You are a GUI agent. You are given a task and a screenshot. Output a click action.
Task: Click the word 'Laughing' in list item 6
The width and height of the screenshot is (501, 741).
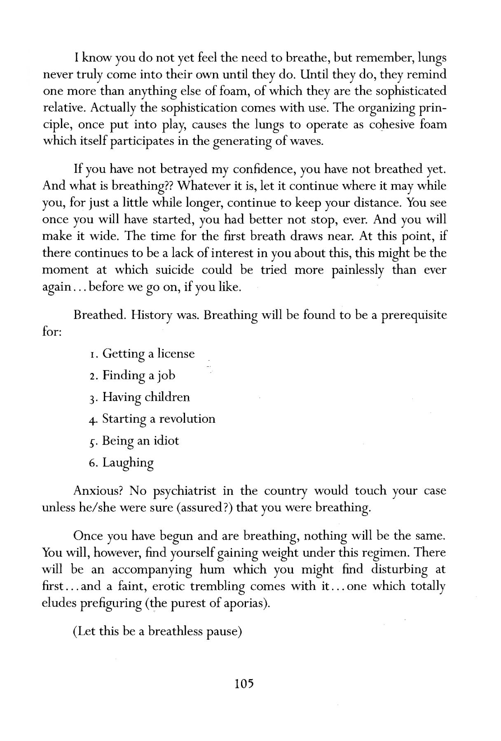click(128, 463)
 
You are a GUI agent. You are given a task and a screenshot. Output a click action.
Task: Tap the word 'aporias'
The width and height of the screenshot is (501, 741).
click(243, 604)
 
